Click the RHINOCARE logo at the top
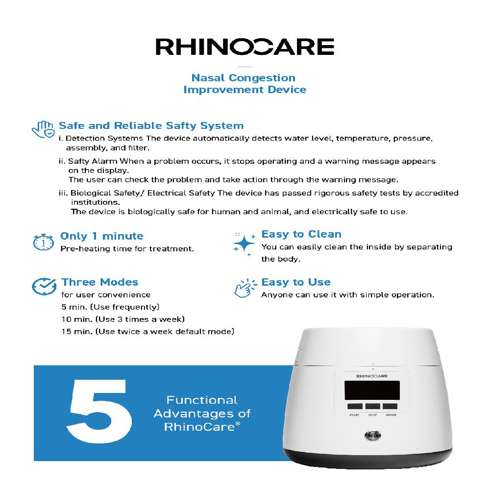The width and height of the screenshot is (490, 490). click(x=245, y=47)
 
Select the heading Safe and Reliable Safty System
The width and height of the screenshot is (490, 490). click(x=151, y=126)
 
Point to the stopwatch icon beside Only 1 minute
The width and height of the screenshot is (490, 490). click(x=44, y=242)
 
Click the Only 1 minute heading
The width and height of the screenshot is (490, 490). click(x=101, y=236)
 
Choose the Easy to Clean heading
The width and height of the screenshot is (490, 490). click(x=301, y=234)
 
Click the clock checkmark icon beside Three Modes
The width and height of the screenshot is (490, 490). click(x=43, y=287)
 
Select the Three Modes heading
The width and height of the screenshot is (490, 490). click(x=99, y=282)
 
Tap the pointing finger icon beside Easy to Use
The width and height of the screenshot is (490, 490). click(x=244, y=289)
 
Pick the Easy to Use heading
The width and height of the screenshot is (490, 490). click(x=295, y=282)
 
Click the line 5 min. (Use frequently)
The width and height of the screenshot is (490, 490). click(x=110, y=307)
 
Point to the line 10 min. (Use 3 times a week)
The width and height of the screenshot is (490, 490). click(x=122, y=319)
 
